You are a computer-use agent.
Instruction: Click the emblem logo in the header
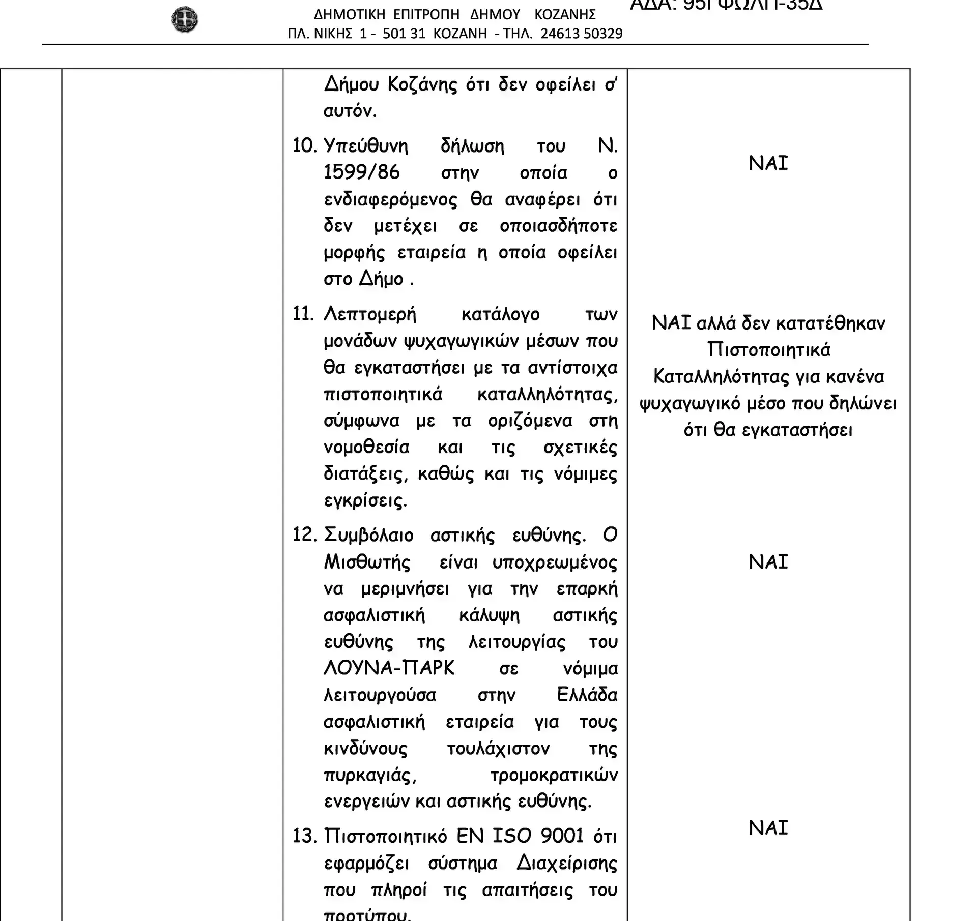184,20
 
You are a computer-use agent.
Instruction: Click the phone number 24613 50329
581,34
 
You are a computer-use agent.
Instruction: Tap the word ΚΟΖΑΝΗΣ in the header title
565,14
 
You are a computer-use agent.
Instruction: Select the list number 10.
304,146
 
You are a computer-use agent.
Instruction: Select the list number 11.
304,314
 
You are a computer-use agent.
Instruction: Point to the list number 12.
304,535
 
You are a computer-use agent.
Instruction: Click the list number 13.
304,836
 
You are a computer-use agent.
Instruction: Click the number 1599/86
361,172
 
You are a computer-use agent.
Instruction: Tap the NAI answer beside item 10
768,163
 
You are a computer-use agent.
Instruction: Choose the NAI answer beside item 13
768,828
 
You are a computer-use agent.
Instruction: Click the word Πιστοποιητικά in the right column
768,350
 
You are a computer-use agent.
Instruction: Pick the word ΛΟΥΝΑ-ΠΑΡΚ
389,668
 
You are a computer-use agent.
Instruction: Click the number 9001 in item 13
562,836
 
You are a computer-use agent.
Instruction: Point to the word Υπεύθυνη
366,146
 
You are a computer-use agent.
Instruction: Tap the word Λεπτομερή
370,314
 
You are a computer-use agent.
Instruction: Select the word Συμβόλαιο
368,535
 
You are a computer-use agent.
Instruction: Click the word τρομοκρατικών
554,775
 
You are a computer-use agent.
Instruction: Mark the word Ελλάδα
587,695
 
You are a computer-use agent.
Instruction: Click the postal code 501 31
404,34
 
